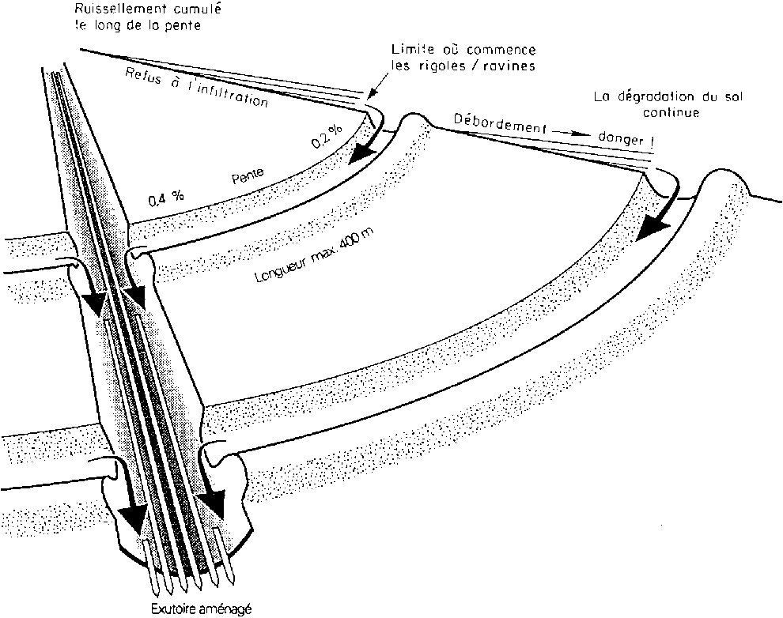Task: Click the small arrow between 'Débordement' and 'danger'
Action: point(575,135)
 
